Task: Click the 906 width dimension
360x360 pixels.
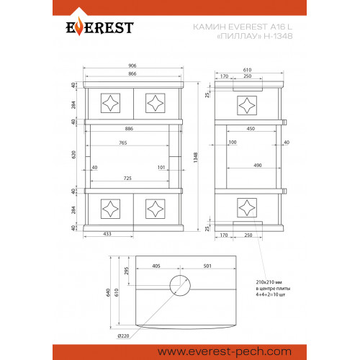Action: click(x=132, y=66)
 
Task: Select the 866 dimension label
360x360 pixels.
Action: click(x=132, y=73)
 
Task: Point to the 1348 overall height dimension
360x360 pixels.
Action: click(x=196, y=158)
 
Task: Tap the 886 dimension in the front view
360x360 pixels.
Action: click(x=129, y=129)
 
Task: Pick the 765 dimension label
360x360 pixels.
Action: click(x=123, y=143)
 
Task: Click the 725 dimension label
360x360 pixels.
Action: click(x=127, y=178)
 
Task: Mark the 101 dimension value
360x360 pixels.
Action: click(x=161, y=167)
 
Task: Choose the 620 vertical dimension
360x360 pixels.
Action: click(x=73, y=154)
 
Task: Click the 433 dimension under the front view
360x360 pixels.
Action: click(x=107, y=234)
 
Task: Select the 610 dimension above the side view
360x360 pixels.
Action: click(x=247, y=70)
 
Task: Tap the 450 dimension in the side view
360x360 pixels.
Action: click(x=251, y=129)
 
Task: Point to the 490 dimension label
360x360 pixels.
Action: click(x=258, y=165)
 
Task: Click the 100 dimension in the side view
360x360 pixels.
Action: click(x=233, y=143)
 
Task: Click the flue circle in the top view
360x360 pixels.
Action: click(x=180, y=276)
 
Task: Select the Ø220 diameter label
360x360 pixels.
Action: click(x=123, y=336)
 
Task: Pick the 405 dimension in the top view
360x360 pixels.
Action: click(x=156, y=266)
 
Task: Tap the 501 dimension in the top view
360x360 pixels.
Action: click(x=207, y=266)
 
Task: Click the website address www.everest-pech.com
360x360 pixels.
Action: click(x=225, y=352)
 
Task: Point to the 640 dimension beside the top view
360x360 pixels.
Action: click(x=108, y=292)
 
